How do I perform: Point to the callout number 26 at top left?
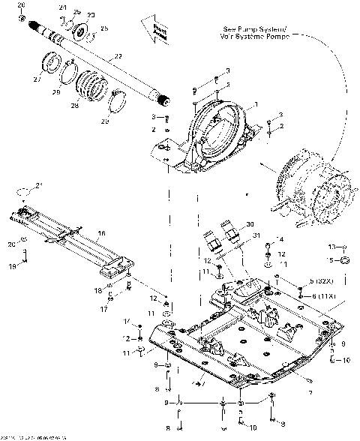(21, 6)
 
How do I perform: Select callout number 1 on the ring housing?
(256, 103)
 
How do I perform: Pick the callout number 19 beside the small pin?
(11, 265)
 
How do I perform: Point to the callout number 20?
(11, 244)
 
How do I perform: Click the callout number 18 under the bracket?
(97, 289)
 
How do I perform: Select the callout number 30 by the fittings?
(249, 223)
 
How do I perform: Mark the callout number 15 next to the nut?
(331, 259)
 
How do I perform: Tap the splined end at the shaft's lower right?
(163, 100)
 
